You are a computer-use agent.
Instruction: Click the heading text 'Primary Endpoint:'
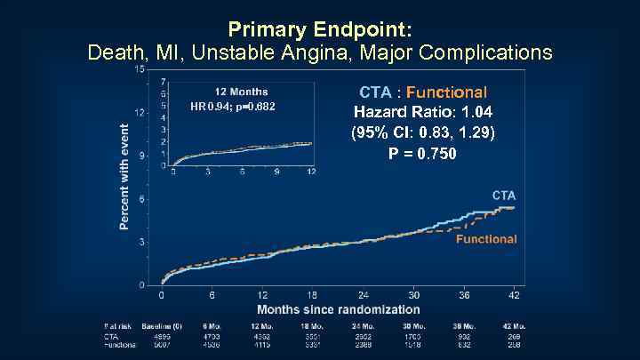click(x=320, y=28)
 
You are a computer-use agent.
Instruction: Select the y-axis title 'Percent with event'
click(x=124, y=175)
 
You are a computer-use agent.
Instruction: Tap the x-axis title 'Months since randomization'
click(x=338, y=309)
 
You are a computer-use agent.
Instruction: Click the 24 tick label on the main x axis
click(x=364, y=294)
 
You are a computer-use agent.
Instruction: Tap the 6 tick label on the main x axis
click(x=212, y=294)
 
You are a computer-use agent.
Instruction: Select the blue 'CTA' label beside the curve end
click(x=504, y=195)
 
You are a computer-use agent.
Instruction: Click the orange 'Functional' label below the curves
click(x=486, y=239)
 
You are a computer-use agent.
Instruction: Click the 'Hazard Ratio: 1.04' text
click(x=423, y=113)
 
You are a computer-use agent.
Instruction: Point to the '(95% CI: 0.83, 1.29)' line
click(x=423, y=133)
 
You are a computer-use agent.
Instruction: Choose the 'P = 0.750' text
click(x=423, y=154)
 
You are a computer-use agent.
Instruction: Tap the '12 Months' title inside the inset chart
click(x=240, y=92)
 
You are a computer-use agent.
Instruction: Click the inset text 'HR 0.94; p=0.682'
click(x=233, y=108)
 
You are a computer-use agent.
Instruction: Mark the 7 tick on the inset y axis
click(x=163, y=82)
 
